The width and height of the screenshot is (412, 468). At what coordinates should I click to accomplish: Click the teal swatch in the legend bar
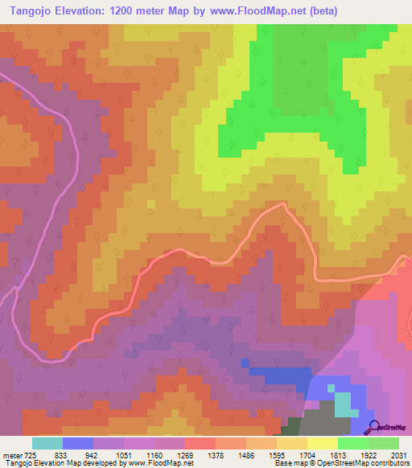(x=47, y=443)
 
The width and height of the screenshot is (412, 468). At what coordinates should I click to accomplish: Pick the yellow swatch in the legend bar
(x=323, y=443)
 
